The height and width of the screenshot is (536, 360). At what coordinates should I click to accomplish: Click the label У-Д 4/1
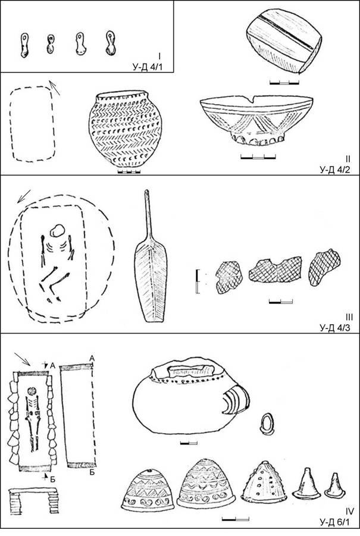tap(148, 67)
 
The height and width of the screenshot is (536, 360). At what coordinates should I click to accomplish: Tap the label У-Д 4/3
tap(335, 328)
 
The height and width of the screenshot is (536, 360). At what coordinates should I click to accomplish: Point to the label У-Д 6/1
tap(335, 522)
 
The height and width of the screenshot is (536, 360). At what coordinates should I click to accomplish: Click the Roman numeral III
tap(349, 318)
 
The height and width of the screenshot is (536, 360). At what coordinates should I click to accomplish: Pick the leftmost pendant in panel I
tap(24, 45)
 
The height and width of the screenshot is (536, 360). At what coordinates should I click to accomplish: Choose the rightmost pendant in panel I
tap(111, 43)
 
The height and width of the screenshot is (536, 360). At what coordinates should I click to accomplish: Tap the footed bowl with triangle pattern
tap(256, 120)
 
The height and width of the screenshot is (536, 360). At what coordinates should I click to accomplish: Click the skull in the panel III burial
tap(57, 231)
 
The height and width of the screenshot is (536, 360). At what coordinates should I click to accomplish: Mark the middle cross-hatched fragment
tap(276, 270)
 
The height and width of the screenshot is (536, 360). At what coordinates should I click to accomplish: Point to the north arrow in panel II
tap(55, 88)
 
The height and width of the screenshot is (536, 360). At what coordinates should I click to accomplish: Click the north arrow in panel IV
tap(23, 359)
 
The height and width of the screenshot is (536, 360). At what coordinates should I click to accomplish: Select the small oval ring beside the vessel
tap(268, 424)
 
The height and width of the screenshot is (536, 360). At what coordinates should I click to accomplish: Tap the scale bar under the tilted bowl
tap(284, 82)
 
